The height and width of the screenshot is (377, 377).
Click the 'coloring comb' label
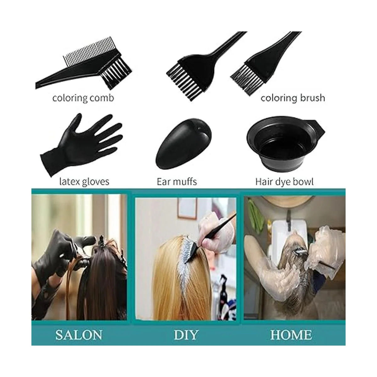click(x=83, y=98)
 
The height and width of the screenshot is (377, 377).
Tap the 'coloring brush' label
click(x=293, y=98)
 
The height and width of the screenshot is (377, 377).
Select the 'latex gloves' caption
click(x=84, y=182)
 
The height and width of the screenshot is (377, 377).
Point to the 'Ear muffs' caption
click(x=177, y=182)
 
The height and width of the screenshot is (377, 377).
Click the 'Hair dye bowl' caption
click(x=284, y=182)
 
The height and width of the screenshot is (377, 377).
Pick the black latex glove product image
click(x=81, y=145)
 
